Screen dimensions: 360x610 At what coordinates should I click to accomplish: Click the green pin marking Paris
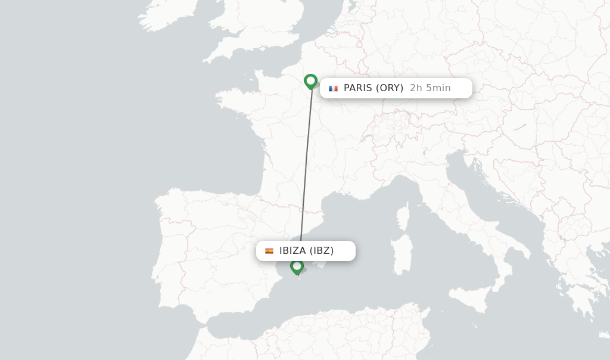coord(310,81)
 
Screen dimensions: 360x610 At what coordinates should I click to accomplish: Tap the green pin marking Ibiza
coord(297,266)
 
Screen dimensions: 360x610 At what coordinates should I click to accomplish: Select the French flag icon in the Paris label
coord(333,88)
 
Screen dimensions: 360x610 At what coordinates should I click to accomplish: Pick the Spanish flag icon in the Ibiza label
coord(269,251)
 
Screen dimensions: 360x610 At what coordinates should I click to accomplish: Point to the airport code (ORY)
coord(391,88)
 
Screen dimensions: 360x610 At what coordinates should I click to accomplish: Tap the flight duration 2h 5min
coord(430,88)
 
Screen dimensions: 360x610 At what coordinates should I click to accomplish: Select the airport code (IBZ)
coord(322,251)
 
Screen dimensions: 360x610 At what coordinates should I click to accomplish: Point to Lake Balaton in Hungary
coord(519,127)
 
